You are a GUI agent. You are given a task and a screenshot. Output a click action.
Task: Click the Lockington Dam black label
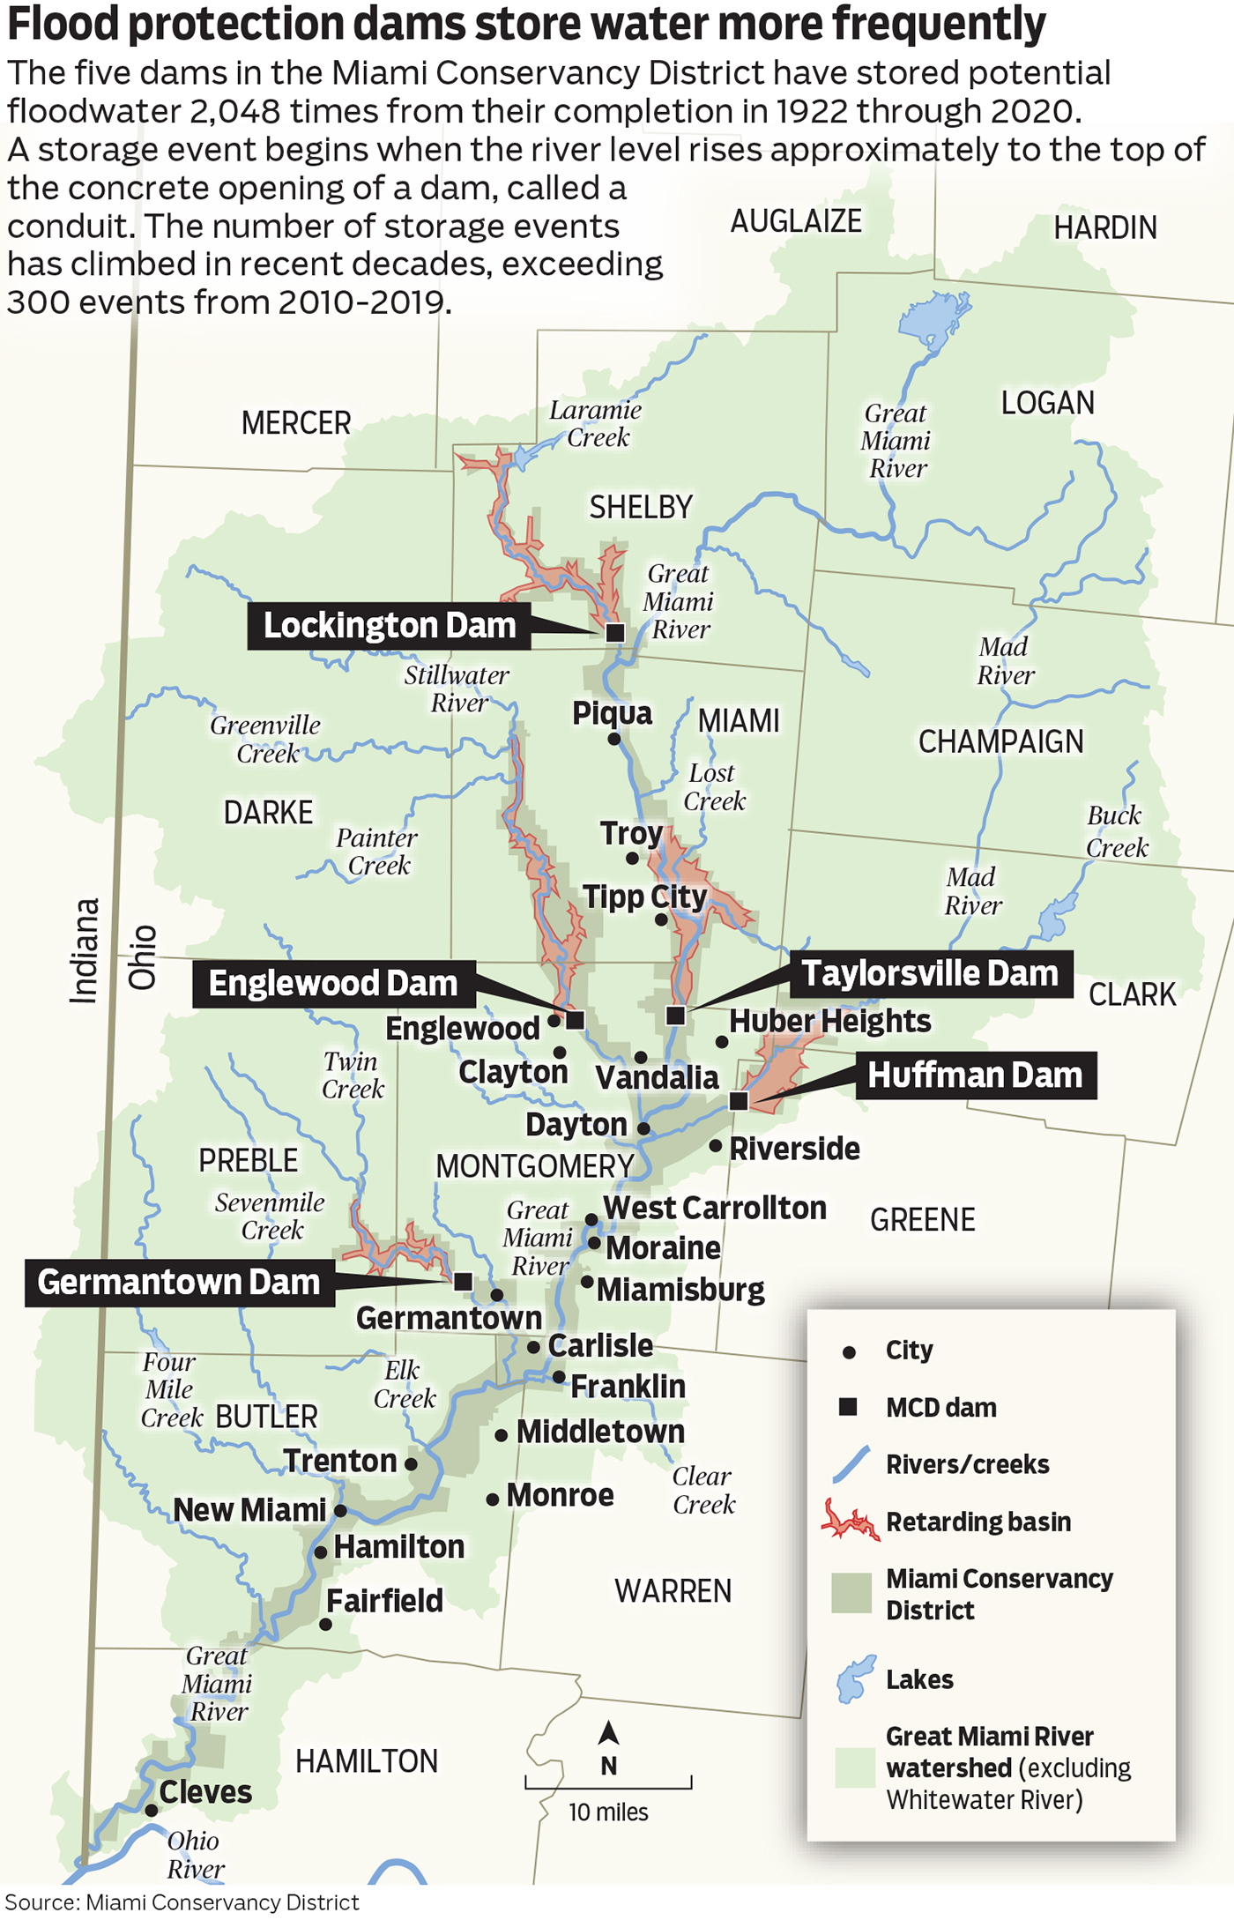389,626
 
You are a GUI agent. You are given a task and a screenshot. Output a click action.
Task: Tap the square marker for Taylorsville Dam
676,1016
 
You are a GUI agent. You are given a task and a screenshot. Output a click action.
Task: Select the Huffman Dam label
975,1075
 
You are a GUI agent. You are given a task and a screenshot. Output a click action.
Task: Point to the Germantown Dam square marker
463,1282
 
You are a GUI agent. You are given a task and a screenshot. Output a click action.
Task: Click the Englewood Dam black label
333,984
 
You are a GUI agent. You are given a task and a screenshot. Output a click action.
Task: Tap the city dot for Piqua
614,739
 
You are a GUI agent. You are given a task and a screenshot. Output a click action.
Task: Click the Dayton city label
576,1126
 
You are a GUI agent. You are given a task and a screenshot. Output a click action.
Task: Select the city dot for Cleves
152,1810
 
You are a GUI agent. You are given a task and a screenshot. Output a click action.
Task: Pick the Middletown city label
600,1432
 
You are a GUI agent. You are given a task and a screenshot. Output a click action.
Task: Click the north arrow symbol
608,1733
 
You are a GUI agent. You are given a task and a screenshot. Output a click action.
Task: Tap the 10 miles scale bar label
608,1812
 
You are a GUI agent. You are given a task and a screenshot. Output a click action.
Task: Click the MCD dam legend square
848,1407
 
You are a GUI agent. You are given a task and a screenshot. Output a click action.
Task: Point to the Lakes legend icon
855,1678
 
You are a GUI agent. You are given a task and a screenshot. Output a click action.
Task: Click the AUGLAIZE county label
796,221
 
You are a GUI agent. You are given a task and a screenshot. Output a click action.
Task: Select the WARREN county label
673,1591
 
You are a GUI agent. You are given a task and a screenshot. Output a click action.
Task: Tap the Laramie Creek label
596,423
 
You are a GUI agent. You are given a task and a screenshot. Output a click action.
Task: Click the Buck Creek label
1116,831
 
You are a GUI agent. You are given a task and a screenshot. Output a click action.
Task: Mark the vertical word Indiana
85,950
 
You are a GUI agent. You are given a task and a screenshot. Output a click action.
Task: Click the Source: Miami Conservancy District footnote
182,1902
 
